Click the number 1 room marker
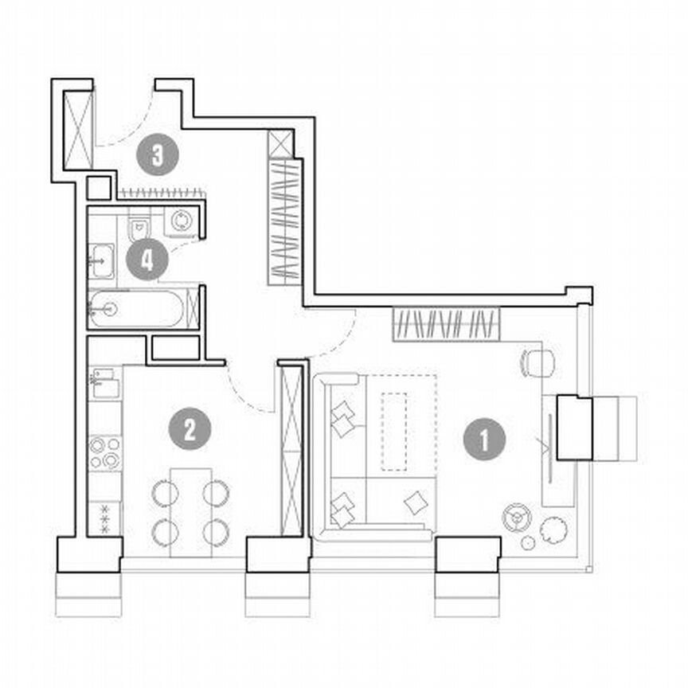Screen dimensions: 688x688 click(x=483, y=439)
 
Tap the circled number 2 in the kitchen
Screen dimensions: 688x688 click(x=190, y=430)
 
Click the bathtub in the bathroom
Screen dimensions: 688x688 click(x=136, y=308)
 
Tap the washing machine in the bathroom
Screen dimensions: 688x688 click(x=182, y=221)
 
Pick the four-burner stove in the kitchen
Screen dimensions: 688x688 click(x=104, y=451)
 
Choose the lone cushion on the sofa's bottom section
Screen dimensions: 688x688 click(x=415, y=502)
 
